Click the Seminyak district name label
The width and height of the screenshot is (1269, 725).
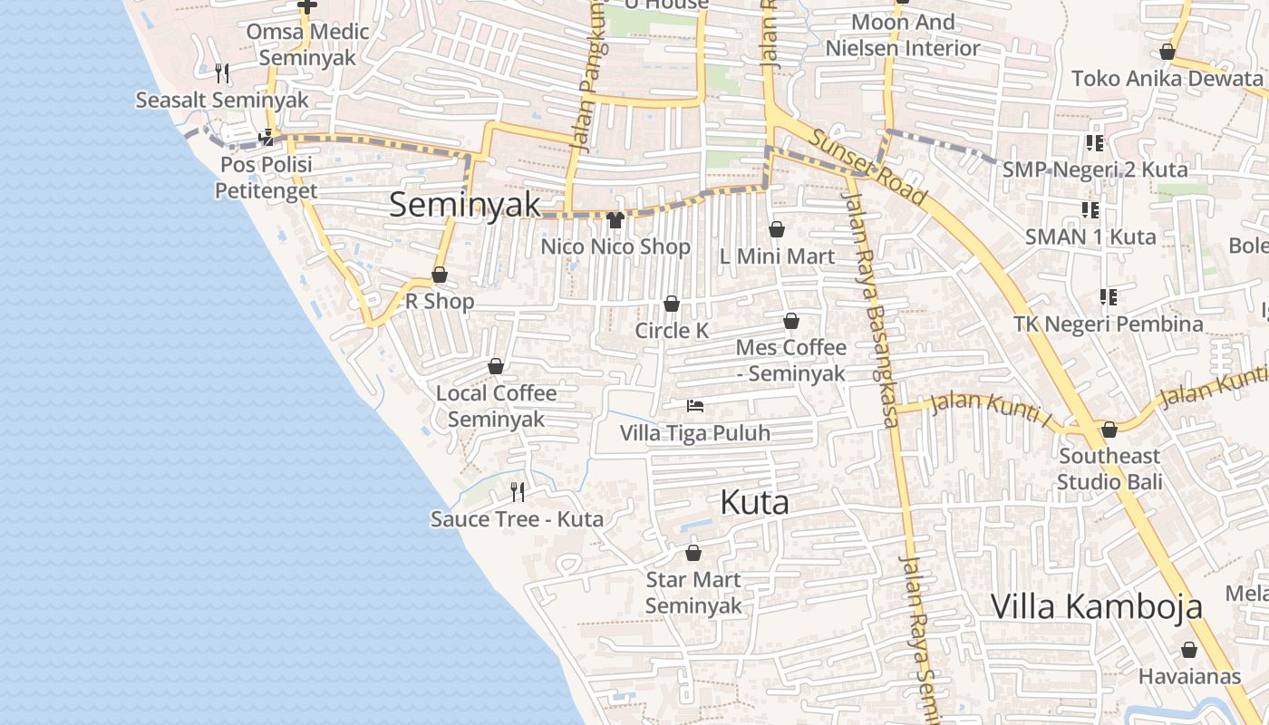(x=464, y=205)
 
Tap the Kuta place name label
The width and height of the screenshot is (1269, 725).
(x=754, y=502)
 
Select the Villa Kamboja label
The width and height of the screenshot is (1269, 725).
(x=1096, y=606)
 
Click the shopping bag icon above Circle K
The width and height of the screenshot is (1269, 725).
(x=672, y=304)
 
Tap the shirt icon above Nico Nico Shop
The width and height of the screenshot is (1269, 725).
(x=615, y=219)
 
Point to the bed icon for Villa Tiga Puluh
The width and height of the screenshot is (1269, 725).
(x=695, y=405)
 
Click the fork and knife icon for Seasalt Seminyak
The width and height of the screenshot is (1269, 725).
(x=221, y=72)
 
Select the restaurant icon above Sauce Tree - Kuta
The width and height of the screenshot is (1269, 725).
(x=518, y=492)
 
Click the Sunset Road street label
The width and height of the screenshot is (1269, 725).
(x=867, y=167)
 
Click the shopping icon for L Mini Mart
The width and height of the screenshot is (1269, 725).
(x=776, y=229)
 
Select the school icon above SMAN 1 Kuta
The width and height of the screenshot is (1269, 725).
(x=1090, y=210)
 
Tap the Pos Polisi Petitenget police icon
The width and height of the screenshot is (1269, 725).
(x=266, y=138)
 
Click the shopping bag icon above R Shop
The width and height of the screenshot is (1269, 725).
(x=440, y=275)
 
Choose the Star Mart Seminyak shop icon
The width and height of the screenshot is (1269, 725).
(x=693, y=553)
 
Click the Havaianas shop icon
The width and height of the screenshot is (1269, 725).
(x=1189, y=650)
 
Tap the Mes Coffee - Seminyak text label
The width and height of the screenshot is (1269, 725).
(x=790, y=360)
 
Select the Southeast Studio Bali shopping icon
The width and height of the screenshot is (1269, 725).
(x=1109, y=430)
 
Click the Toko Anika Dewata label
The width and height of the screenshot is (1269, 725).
(x=1167, y=79)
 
